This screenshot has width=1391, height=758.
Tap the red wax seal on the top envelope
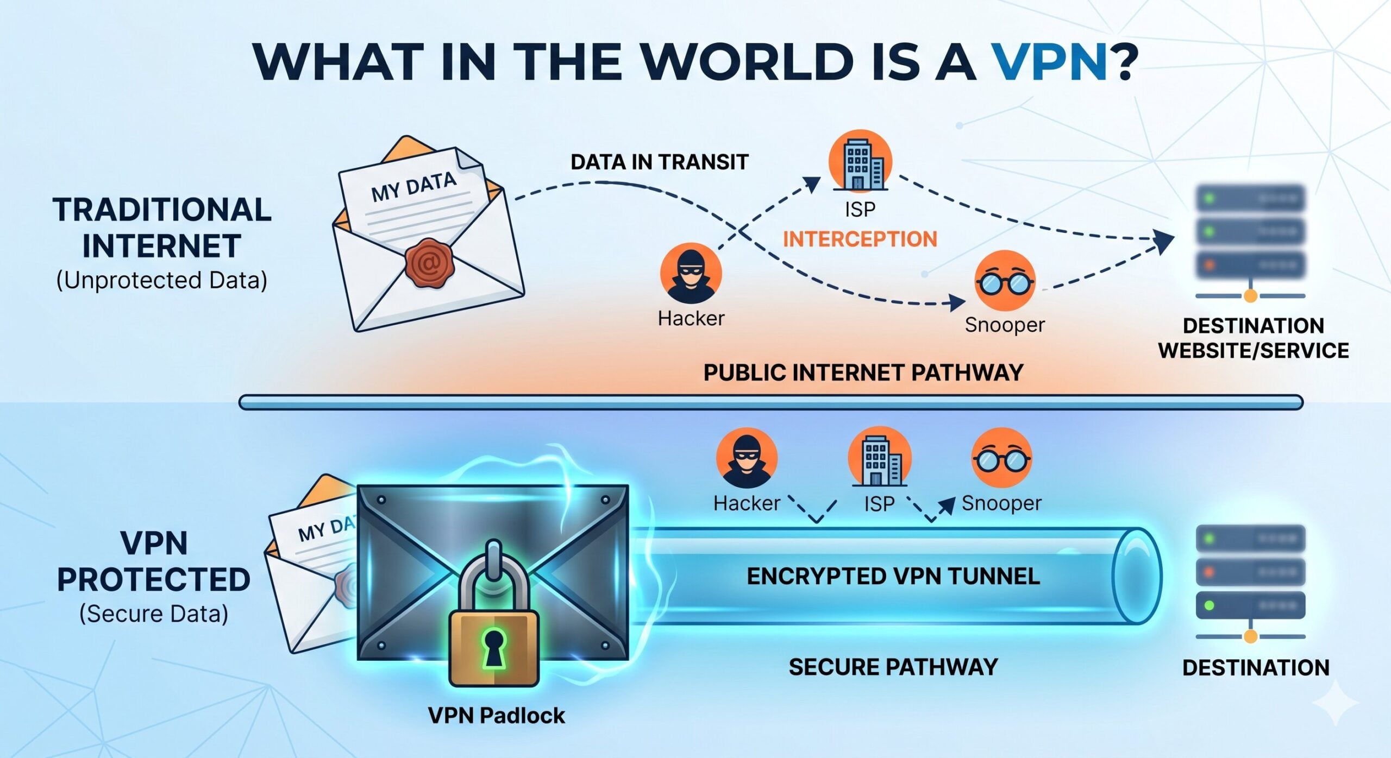tap(429, 263)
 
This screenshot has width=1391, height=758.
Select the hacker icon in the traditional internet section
tap(691, 273)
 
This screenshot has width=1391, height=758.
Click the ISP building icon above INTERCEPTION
tap(860, 161)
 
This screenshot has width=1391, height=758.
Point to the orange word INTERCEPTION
tap(860, 239)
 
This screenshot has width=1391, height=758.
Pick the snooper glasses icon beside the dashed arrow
tap(1004, 281)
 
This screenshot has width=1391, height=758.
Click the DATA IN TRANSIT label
tap(659, 162)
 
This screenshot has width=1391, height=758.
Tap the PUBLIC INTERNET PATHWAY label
tap(863, 372)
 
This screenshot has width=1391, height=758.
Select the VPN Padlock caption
tap(496, 715)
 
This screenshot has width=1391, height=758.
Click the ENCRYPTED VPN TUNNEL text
tap(893, 576)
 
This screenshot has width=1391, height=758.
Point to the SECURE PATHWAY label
tap(893, 667)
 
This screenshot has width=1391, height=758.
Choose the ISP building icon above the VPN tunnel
tap(878, 457)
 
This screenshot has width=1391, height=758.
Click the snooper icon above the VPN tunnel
tap(1001, 458)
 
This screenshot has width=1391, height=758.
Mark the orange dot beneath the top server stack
tap(1250, 296)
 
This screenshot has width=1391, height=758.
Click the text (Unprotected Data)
tap(161, 280)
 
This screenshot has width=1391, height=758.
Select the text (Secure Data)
tap(154, 614)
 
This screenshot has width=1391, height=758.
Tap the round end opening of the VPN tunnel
tap(1137, 576)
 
